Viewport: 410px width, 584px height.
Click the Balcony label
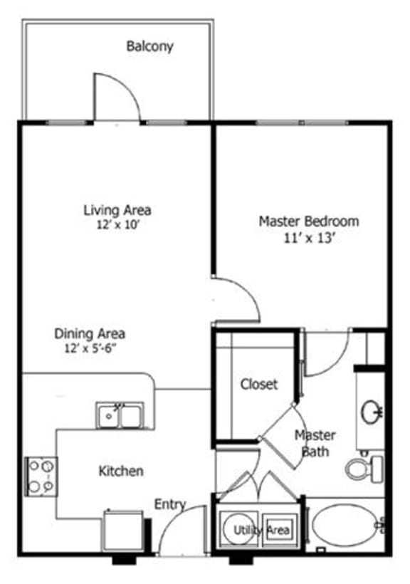click(149, 47)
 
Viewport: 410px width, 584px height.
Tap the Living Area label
click(117, 210)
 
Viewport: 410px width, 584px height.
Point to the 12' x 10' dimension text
click(117, 224)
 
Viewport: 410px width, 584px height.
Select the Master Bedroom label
click(308, 221)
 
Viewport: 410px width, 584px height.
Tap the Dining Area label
click(90, 333)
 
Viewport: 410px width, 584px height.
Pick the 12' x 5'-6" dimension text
click(90, 348)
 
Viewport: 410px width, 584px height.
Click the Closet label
click(258, 384)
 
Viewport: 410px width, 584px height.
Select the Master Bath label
click(315, 442)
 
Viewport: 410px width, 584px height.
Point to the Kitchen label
click(120, 471)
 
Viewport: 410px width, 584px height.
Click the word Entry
click(170, 504)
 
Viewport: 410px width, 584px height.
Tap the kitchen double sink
click(120, 414)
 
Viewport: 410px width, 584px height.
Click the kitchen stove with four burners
click(41, 476)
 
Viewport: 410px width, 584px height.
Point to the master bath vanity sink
click(372, 410)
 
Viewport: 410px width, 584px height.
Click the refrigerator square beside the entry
click(124, 529)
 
